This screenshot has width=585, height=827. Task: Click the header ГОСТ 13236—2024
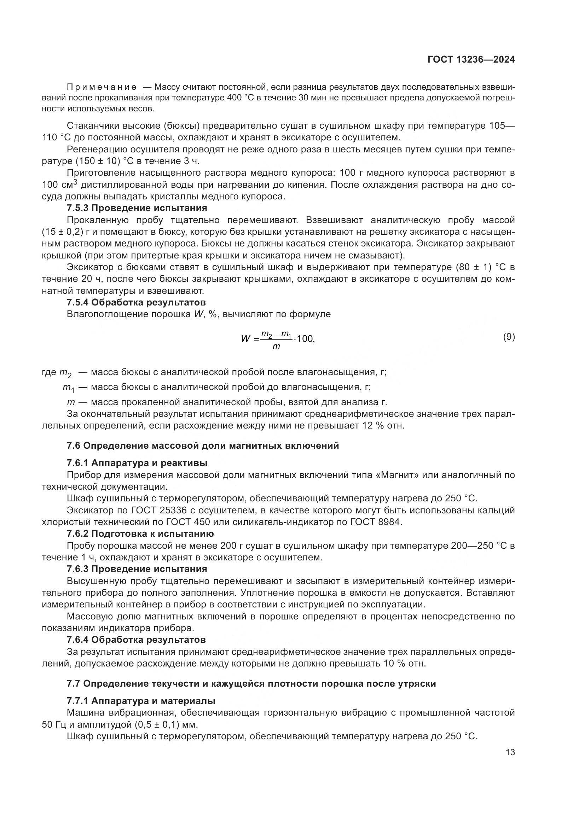(471, 60)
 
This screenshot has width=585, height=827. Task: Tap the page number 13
(510, 752)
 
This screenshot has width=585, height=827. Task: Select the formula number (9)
(509, 337)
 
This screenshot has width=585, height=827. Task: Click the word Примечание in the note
(102, 87)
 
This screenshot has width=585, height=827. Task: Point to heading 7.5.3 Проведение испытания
(137, 208)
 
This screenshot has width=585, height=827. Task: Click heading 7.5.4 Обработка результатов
(136, 302)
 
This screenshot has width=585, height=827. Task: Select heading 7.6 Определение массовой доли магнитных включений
(203, 445)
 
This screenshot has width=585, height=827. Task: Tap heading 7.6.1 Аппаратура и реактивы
(137, 463)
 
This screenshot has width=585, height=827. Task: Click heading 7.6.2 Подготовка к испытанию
(140, 534)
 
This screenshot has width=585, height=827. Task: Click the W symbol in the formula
(245, 339)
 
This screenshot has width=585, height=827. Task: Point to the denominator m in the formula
(276, 347)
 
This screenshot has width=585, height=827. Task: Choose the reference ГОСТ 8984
(375, 522)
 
